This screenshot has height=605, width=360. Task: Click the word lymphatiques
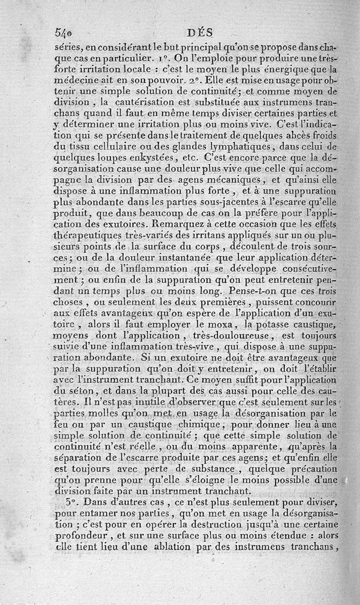(233, 146)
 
